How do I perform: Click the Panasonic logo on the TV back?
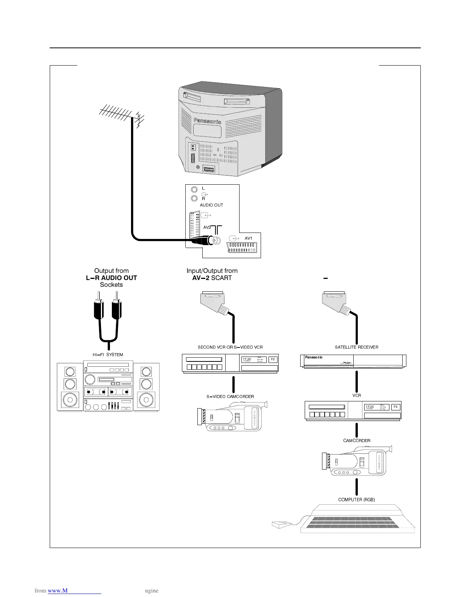click(x=207, y=121)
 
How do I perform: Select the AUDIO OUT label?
click(x=211, y=205)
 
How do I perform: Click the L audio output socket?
click(x=194, y=190)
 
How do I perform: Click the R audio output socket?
click(x=194, y=198)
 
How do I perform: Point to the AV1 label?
click(x=248, y=238)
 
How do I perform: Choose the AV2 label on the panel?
click(x=207, y=227)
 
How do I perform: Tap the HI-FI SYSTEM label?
click(x=108, y=355)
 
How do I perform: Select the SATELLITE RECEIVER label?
click(x=356, y=347)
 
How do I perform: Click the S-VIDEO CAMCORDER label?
click(x=230, y=396)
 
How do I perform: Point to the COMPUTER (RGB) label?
click(x=356, y=500)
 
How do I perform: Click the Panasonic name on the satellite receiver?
click(x=314, y=357)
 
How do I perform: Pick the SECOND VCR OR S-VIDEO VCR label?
click(x=230, y=347)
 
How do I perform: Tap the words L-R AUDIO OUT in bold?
click(x=111, y=278)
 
